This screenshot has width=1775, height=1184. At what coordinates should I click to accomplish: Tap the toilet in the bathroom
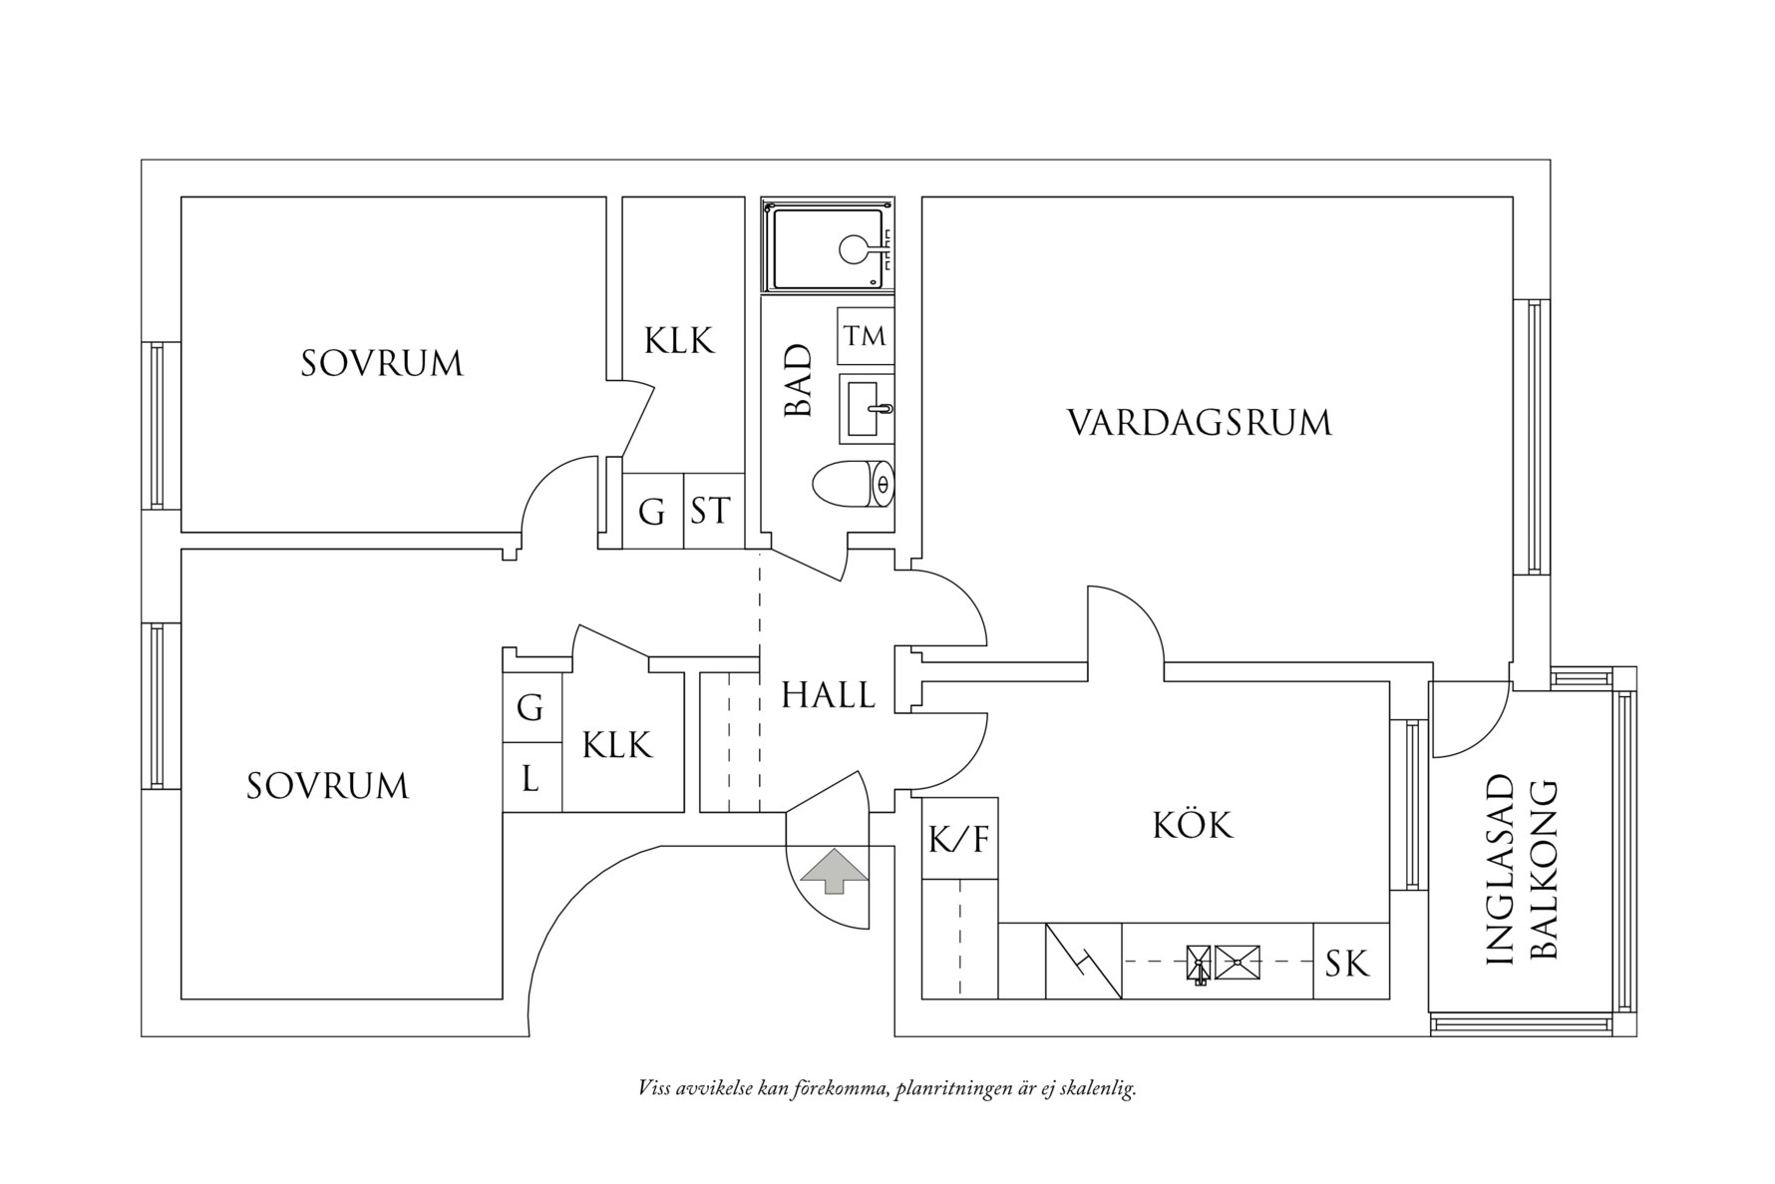(853, 486)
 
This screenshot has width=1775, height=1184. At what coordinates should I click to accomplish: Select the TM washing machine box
(865, 336)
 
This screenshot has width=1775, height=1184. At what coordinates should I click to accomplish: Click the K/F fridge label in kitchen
(958, 839)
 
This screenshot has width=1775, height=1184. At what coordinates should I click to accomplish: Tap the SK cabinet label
(1347, 963)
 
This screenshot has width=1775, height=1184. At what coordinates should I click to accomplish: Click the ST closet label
(711, 511)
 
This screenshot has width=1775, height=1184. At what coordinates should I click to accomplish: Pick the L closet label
(531, 777)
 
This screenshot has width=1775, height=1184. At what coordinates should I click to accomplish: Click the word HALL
(828, 695)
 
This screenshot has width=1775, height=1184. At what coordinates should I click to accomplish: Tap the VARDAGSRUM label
(1199, 423)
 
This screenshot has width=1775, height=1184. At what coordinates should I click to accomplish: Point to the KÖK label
(1193, 825)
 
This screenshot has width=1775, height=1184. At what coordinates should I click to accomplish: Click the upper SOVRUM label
(382, 363)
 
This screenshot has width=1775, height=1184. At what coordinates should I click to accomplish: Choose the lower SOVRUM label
(328, 786)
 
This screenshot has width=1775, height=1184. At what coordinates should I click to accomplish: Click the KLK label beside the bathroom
(679, 340)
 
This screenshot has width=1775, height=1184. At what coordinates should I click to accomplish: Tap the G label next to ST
(651, 512)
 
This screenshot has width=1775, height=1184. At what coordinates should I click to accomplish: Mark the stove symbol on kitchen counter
(1083, 961)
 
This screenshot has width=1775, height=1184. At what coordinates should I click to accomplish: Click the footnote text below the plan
(887, 1087)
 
